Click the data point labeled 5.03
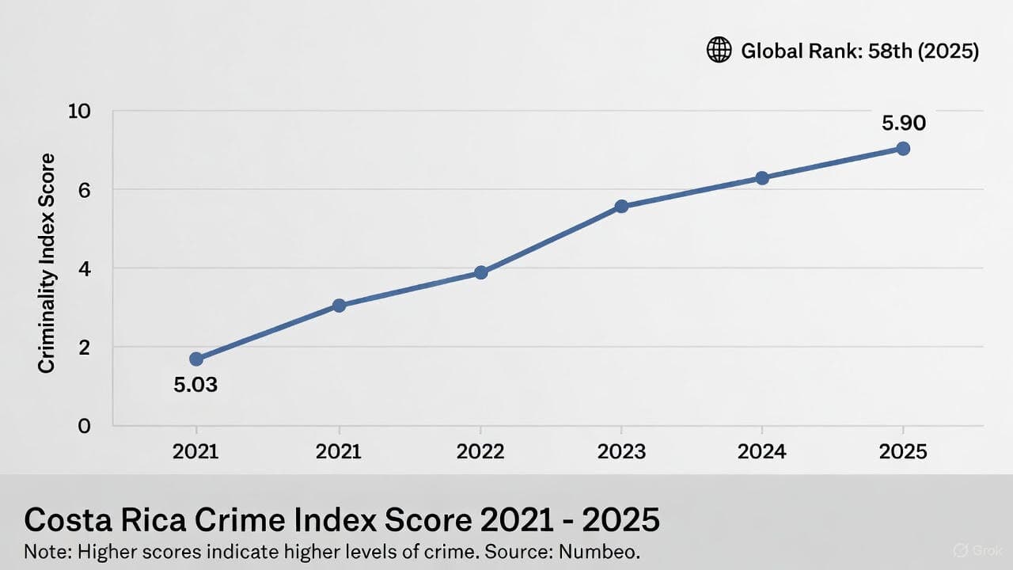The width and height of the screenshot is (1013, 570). tap(196, 359)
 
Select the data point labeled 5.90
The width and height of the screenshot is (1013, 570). tap(903, 148)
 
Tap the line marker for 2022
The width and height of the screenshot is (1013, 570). tap(480, 272)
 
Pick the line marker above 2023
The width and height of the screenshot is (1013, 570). tap(621, 206)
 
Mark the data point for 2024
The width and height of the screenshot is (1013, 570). tap(762, 178)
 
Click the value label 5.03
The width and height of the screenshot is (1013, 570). tap(195, 386)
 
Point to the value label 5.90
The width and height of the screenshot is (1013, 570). tap(903, 123)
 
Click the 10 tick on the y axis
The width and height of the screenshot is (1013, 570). tap(79, 111)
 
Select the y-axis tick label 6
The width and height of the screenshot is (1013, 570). tap(85, 190)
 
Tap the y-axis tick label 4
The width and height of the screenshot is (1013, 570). tap(85, 268)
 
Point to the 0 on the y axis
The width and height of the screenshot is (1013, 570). tap(85, 426)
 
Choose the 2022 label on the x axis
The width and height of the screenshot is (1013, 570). tap(480, 451)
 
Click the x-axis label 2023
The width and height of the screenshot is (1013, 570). tap(621, 451)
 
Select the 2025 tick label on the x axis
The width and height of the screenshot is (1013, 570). tap(903, 451)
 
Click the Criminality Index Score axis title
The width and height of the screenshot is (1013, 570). tap(47, 264)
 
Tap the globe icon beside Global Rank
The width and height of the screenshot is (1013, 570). tap(719, 51)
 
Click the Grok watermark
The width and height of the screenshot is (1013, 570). tap(979, 550)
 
